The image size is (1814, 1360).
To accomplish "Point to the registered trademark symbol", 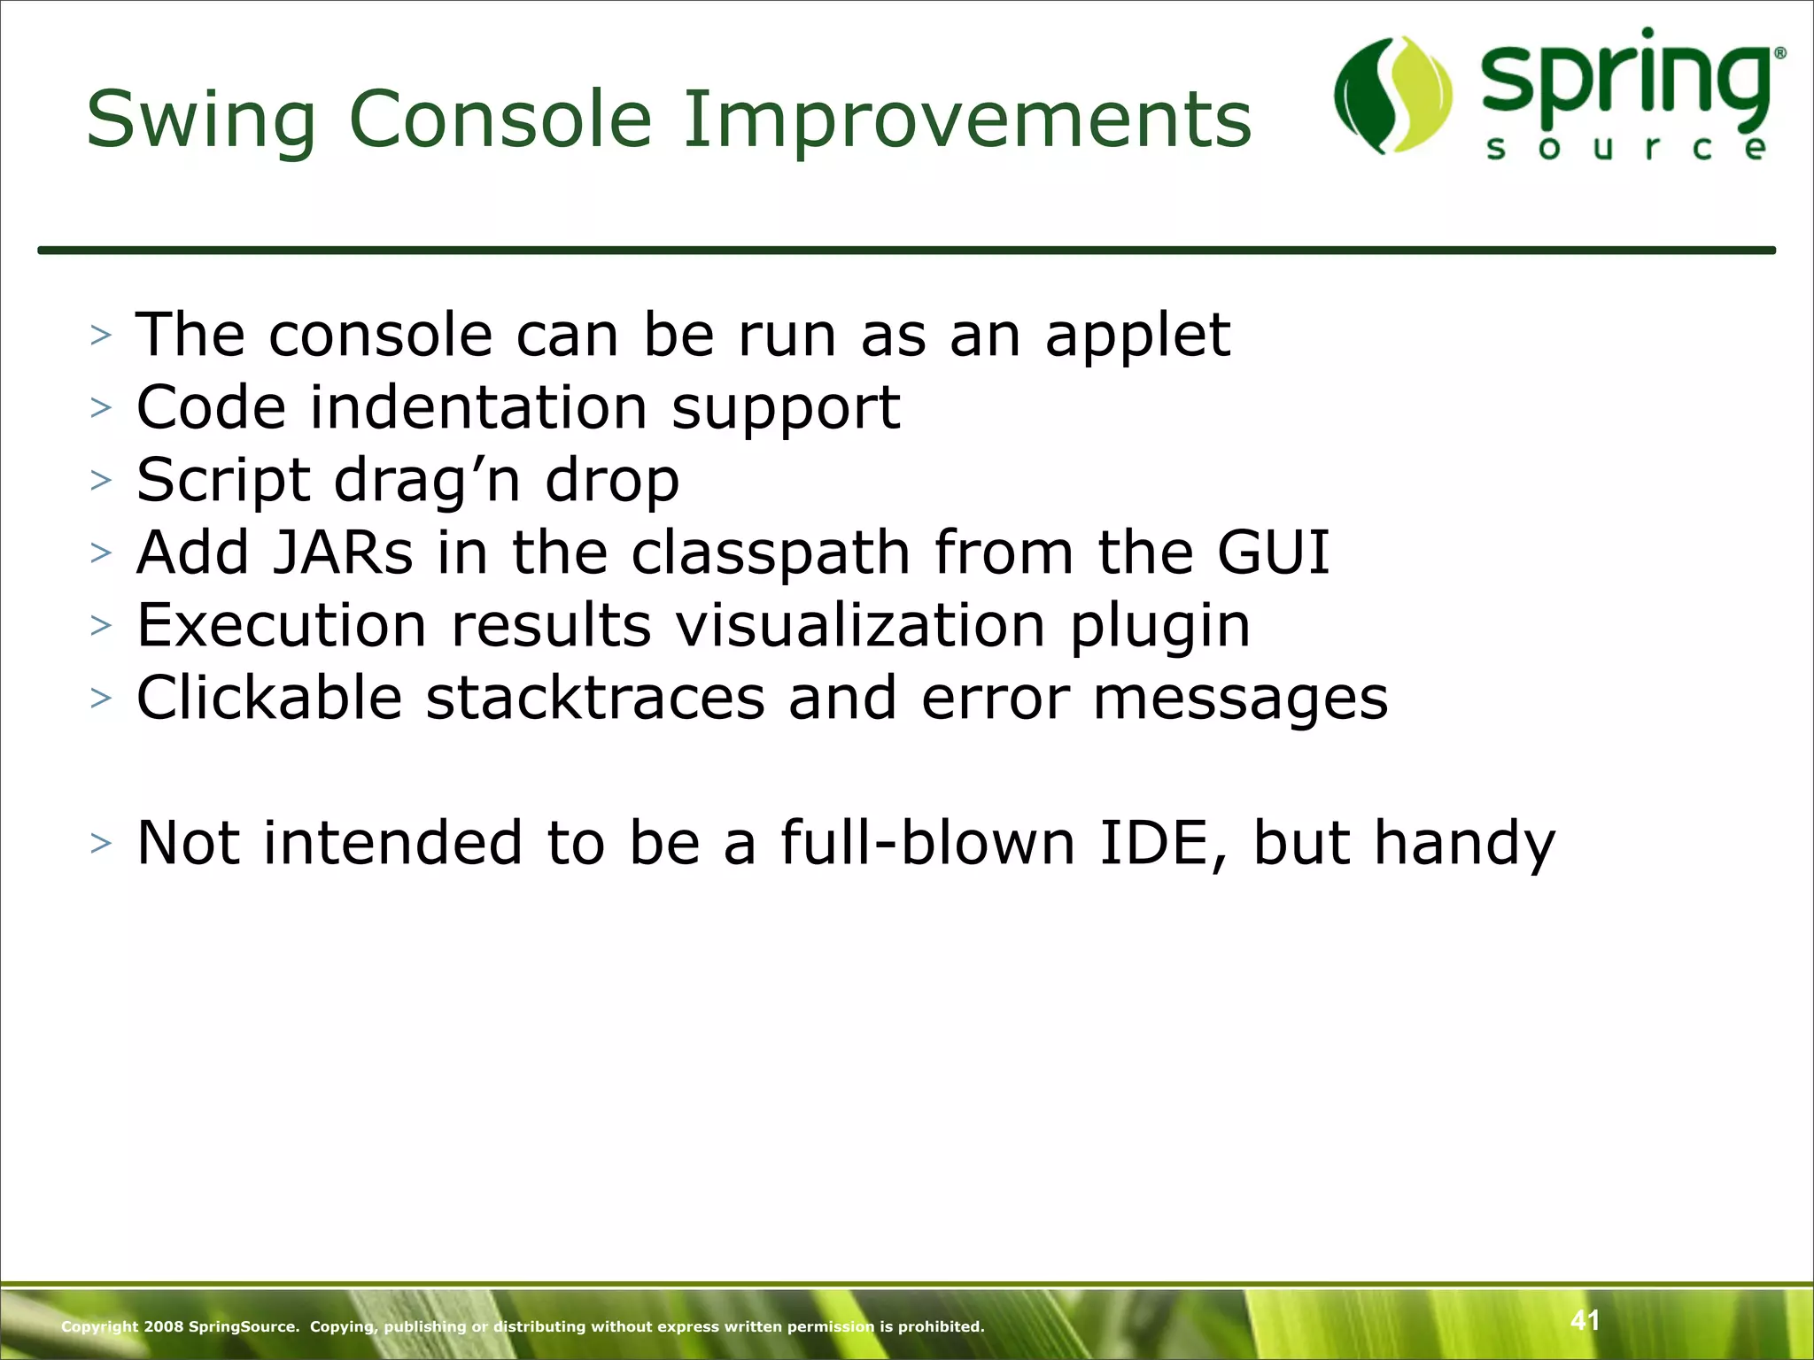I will pyautogui.click(x=1779, y=53).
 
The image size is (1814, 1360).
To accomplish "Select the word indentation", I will pyautogui.click(x=478, y=408).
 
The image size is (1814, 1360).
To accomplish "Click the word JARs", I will pyautogui.click(x=342, y=553).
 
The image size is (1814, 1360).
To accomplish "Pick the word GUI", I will pyautogui.click(x=1273, y=553).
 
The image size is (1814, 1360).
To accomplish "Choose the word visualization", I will pyautogui.click(x=860, y=626).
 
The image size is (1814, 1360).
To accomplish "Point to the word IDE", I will pyautogui.click(x=1153, y=843).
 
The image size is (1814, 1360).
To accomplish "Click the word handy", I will pyautogui.click(x=1464, y=843).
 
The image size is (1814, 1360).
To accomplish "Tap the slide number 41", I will pyautogui.click(x=1585, y=1320).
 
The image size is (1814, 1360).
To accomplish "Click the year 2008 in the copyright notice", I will pyautogui.click(x=164, y=1326).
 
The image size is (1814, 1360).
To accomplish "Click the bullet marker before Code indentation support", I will pyautogui.click(x=101, y=408).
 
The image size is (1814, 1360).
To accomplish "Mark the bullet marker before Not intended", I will pyautogui.click(x=101, y=843).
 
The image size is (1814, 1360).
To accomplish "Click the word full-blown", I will pyautogui.click(x=927, y=843).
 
